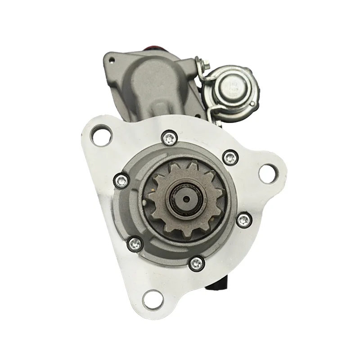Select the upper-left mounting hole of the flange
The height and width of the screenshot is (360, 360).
click(x=99, y=134)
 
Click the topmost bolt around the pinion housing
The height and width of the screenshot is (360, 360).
click(x=169, y=138)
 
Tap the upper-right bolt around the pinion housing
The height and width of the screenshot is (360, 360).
click(x=230, y=157)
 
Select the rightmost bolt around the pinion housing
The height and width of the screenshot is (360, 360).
click(x=243, y=219)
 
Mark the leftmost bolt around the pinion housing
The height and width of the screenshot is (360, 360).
click(x=120, y=180)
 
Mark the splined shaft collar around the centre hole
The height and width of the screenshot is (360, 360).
click(x=177, y=197)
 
